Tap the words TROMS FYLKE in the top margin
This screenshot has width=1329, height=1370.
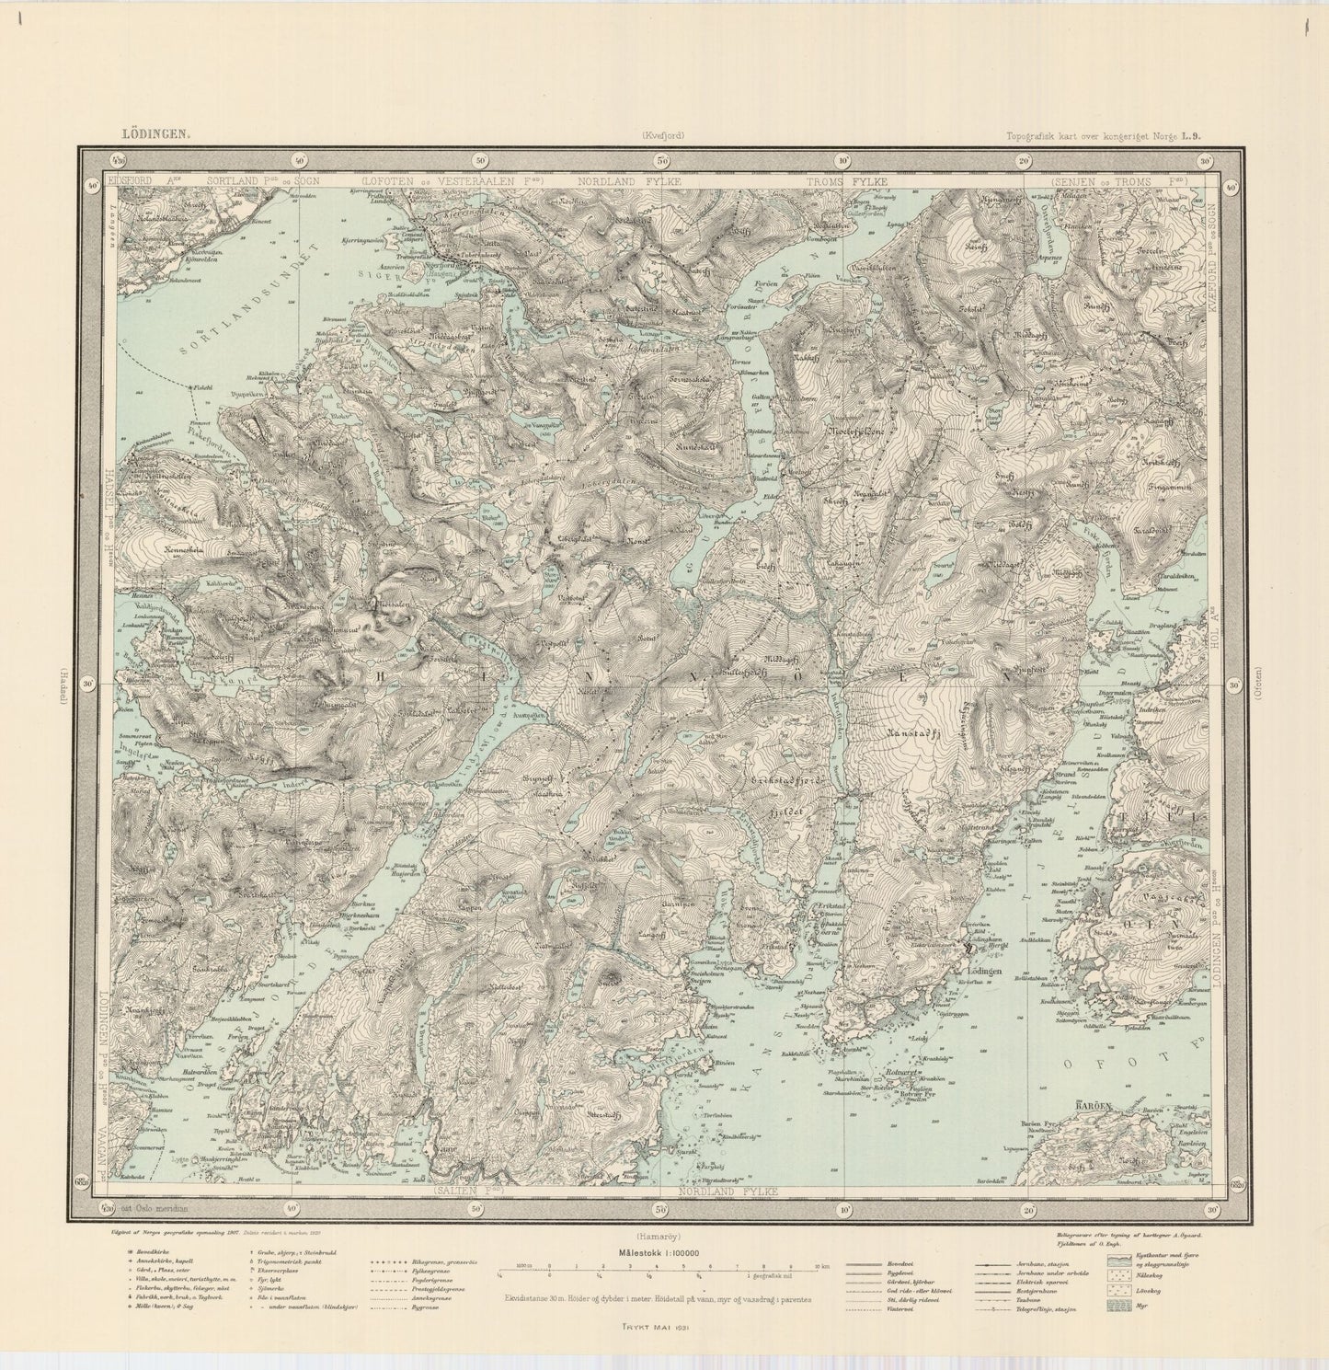click(846, 182)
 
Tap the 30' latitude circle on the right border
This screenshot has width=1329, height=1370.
click(1233, 685)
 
